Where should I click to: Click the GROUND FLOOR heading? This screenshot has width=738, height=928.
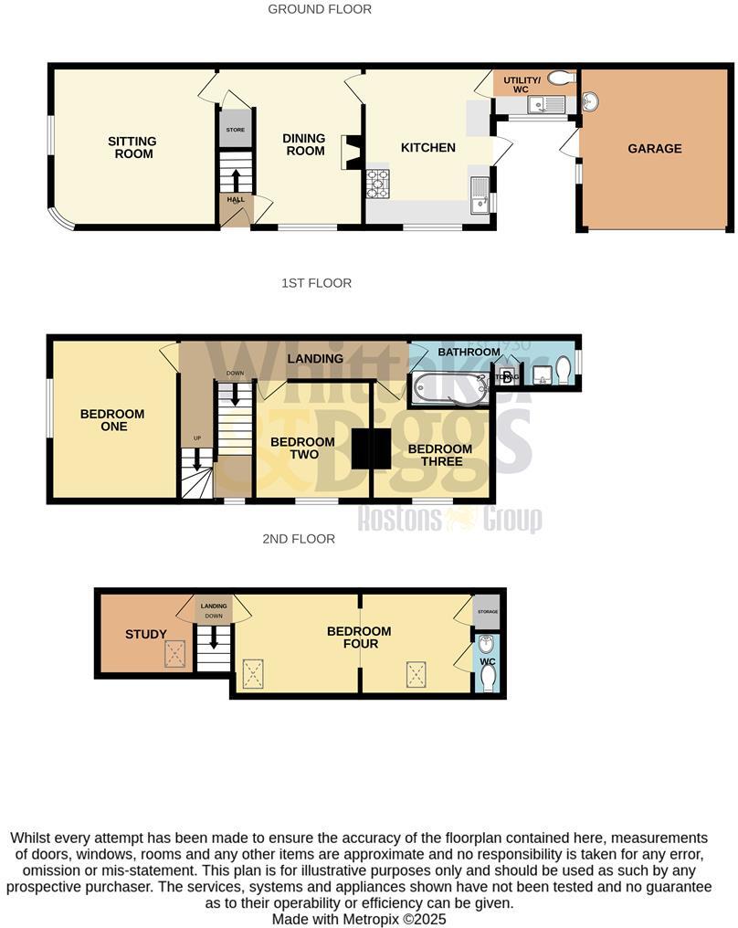coord(320,9)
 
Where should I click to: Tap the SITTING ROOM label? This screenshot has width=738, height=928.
coord(132,148)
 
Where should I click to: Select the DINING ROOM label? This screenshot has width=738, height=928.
coord(304,144)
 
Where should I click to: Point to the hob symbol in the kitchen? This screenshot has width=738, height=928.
coord(377,184)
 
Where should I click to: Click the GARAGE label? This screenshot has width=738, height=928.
coord(654,149)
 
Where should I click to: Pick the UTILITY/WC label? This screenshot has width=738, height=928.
coord(522,85)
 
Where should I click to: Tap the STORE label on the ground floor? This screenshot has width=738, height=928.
coord(235,131)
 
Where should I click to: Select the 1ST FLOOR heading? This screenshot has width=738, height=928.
coord(316,283)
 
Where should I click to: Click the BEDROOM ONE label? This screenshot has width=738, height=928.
coord(112,420)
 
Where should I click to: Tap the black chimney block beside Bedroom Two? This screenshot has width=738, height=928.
coord(371,448)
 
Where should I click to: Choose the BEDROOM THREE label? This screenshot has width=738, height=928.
coord(439,455)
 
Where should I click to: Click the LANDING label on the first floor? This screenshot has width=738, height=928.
coord(315,359)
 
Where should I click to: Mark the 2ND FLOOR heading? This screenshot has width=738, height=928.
coord(299,539)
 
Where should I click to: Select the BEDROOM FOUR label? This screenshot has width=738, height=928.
coord(359,638)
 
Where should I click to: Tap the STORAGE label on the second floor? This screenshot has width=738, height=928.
coord(487,611)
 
